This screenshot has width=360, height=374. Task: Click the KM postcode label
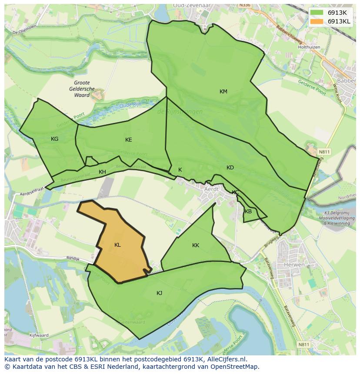click(223, 92)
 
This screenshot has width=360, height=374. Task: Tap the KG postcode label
click(54, 139)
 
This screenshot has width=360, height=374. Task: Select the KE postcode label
click(128, 140)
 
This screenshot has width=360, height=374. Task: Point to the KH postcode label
click(102, 172)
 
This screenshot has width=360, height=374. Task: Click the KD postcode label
click(230, 168)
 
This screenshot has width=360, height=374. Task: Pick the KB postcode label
click(248, 212)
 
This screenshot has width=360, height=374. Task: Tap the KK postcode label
click(196, 245)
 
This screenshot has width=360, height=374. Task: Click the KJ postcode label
click(159, 293)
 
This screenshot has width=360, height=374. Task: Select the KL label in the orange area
click(117, 245)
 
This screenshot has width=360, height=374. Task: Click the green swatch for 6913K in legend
click(317, 13)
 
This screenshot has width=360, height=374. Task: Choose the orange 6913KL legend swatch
click(317, 21)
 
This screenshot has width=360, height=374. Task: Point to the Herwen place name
click(294, 265)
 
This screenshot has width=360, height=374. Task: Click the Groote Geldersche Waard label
click(82, 89)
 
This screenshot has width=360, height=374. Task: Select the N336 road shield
click(244, 5)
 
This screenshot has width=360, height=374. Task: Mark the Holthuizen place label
click(310, 47)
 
